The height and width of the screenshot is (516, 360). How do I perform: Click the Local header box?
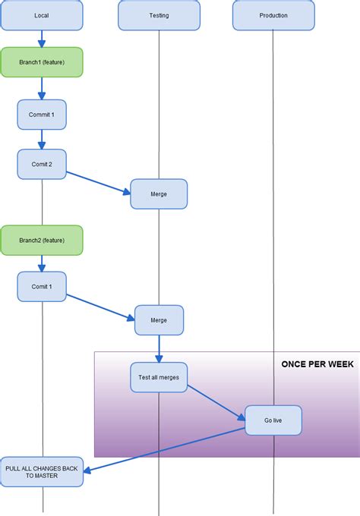click(42, 15)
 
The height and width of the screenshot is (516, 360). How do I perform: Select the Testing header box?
click(159, 15)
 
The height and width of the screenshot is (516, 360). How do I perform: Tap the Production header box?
click(273, 15)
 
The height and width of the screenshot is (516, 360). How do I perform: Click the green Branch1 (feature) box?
click(42, 62)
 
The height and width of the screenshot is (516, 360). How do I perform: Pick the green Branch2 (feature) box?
click(42, 240)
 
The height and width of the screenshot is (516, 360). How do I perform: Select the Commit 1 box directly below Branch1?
click(42, 114)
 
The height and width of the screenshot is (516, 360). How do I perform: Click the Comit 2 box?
click(42, 164)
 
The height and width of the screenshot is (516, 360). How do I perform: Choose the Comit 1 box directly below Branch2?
click(42, 287)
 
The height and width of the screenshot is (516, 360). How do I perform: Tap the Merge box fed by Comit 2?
click(159, 193)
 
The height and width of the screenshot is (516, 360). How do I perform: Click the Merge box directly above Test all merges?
click(159, 319)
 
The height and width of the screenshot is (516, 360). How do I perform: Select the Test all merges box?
click(159, 377)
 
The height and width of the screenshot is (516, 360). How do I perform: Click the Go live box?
click(273, 420)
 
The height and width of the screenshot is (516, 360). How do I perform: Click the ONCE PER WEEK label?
click(317, 364)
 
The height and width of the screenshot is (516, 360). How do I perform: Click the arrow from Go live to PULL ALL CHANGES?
click(163, 450)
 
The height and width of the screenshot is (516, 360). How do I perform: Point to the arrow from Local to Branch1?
click(42, 39)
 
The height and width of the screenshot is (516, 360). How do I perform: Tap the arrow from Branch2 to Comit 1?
click(42, 263)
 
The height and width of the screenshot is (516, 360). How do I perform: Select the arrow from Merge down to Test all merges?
click(159, 348)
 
